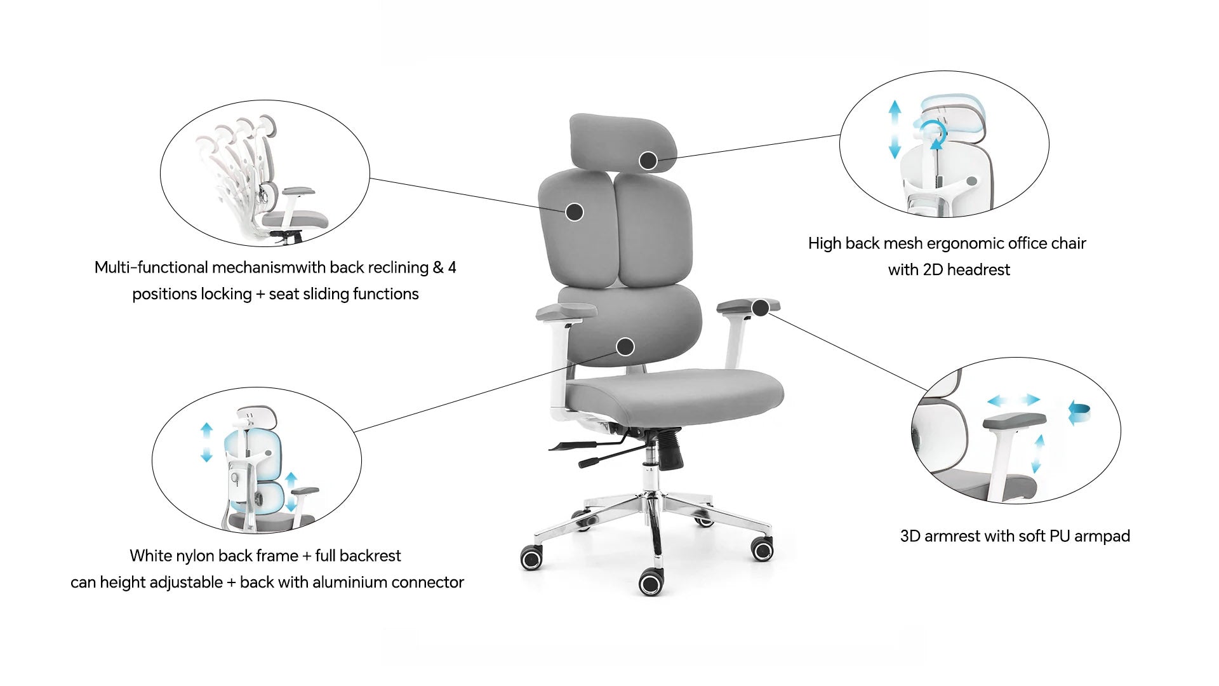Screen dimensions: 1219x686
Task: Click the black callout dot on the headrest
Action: point(648,161)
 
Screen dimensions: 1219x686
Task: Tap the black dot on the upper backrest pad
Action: point(574,212)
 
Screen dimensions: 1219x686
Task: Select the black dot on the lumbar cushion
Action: point(625,347)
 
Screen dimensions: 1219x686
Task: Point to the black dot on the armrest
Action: point(760,308)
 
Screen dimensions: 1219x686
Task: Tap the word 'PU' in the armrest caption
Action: point(1060,536)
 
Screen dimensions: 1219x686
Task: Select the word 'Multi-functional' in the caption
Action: point(151,267)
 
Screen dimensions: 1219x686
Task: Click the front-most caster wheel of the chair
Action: point(651,582)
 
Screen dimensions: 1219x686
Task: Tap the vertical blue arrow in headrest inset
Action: point(895,129)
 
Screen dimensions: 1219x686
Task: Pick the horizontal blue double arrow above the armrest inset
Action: point(1014,400)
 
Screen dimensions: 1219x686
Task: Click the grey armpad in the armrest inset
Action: point(1014,421)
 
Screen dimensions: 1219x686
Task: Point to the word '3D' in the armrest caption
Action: point(910,536)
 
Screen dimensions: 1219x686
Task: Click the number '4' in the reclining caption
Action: point(452,267)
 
